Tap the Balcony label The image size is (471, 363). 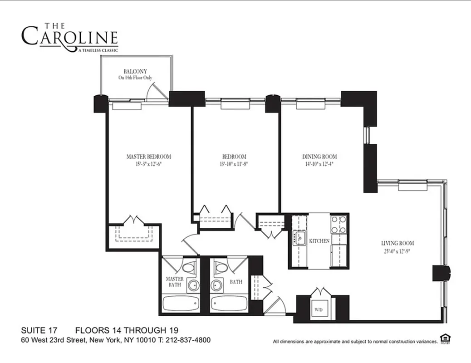(135, 71)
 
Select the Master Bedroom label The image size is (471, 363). (148, 157)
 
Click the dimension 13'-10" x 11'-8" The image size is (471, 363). (234, 165)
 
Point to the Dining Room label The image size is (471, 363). (319, 157)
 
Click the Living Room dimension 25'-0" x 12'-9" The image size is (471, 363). (397, 251)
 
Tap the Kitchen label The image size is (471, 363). (319, 241)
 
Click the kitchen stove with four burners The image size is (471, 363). (339, 224)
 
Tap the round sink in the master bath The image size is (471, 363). (193, 286)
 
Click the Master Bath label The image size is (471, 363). (174, 282)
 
